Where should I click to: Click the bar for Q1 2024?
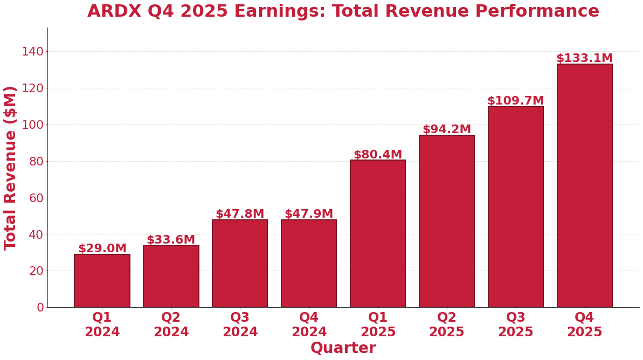point(102,281)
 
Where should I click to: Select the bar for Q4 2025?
point(584,186)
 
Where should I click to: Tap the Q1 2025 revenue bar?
point(377,234)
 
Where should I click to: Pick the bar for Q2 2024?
point(171,276)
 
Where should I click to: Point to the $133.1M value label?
point(584,58)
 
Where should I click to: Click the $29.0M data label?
point(102,248)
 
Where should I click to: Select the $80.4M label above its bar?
point(377,155)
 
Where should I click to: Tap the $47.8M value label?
point(240,214)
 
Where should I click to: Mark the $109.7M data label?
point(515,101)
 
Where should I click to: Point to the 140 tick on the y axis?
point(32,52)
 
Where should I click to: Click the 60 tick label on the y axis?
point(36,198)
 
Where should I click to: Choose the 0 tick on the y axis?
point(40,307)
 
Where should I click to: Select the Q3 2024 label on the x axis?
point(240,325)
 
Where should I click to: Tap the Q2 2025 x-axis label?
point(446,325)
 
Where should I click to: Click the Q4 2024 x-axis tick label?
point(309,325)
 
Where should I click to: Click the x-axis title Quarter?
point(343,348)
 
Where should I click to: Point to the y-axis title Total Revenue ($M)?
point(11,168)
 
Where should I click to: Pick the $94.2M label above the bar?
point(446,129)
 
